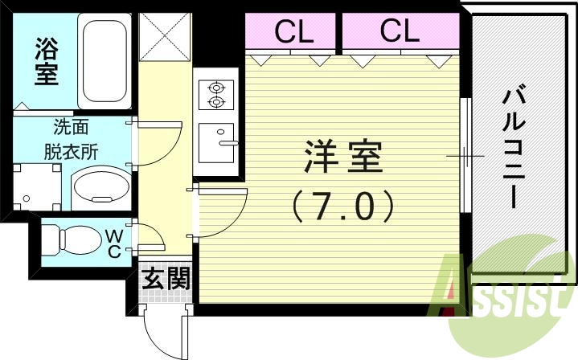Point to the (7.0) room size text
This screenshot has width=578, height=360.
[x=344, y=205]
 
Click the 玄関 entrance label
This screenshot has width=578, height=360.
[x=167, y=279]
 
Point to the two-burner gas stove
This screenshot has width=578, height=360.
[x=215, y=93]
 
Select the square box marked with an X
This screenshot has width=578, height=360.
[x=164, y=38]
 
